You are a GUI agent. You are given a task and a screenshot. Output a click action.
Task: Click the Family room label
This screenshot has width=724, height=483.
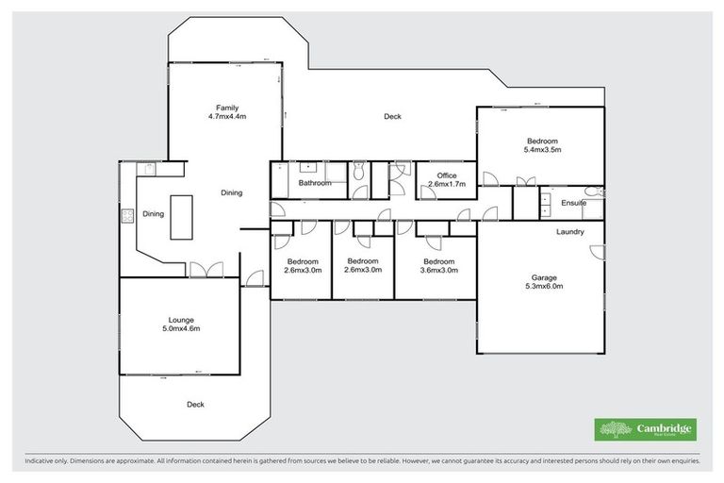click(x=227, y=108)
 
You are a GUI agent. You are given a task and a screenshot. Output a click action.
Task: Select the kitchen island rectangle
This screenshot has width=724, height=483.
click(x=181, y=216)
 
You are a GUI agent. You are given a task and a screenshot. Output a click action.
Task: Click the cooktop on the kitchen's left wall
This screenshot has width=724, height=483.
click(x=126, y=214)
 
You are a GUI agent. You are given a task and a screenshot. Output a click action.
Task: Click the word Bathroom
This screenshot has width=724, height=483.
click(x=315, y=184)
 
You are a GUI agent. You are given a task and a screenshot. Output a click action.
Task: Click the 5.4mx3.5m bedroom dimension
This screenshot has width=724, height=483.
click(x=542, y=149)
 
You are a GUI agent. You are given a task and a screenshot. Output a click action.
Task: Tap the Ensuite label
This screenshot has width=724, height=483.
click(x=573, y=203)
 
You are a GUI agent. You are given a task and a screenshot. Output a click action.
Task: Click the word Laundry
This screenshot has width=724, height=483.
click(x=570, y=232)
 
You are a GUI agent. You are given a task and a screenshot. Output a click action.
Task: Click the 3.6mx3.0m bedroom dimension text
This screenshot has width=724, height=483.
click(x=438, y=270)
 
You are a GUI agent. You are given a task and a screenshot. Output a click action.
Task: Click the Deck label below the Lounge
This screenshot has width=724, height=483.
click(x=195, y=404)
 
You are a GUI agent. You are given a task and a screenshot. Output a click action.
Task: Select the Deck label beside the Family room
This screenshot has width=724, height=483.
click(x=392, y=117)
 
